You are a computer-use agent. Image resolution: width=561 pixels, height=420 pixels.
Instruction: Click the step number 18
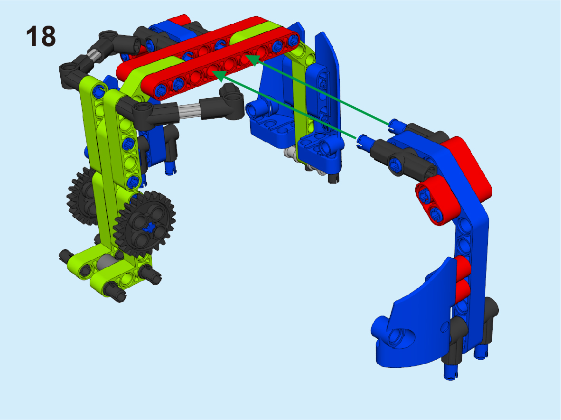(41, 36)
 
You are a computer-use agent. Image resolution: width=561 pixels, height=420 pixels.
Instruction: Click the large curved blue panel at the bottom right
(415, 322)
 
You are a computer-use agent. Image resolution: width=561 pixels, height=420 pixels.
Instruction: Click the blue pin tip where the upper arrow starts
(396, 123)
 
